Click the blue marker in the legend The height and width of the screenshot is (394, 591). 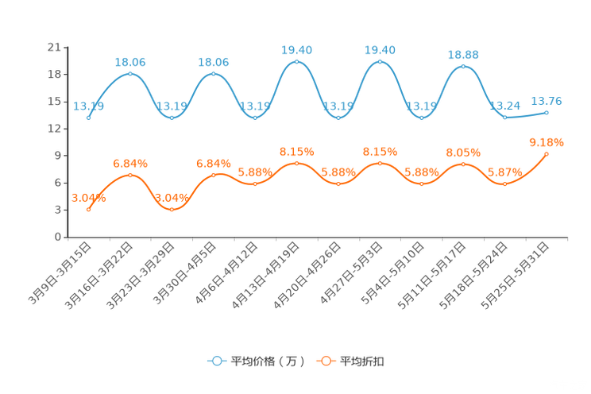pyautogui.click(x=216, y=361)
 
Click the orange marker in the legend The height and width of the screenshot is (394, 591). pyautogui.click(x=326, y=361)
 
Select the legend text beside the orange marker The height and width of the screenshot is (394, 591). pyautogui.click(x=363, y=361)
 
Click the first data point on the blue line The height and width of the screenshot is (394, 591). pyautogui.click(x=88, y=118)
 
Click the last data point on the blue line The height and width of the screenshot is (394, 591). pyautogui.click(x=547, y=113)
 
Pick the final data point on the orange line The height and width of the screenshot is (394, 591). pyautogui.click(x=547, y=153)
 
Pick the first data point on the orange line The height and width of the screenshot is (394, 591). pyautogui.click(x=88, y=210)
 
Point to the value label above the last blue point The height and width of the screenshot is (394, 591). pyautogui.click(x=547, y=101)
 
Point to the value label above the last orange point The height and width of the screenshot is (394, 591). pyautogui.click(x=547, y=142)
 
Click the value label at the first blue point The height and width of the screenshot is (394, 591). pyautogui.click(x=88, y=106)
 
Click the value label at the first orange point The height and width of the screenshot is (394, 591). pyautogui.click(x=88, y=199)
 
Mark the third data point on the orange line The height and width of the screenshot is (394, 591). pyautogui.click(x=172, y=209)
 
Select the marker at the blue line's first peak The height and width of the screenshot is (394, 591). pyautogui.click(x=129, y=73)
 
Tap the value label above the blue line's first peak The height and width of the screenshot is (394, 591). pyautogui.click(x=129, y=61)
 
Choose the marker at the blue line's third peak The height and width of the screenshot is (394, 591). pyautogui.click(x=296, y=61)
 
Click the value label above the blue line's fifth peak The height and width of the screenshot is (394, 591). pyautogui.click(x=463, y=55)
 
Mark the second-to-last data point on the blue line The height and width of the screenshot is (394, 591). pyautogui.click(x=504, y=118)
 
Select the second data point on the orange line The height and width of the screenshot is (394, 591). pyautogui.click(x=129, y=174)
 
